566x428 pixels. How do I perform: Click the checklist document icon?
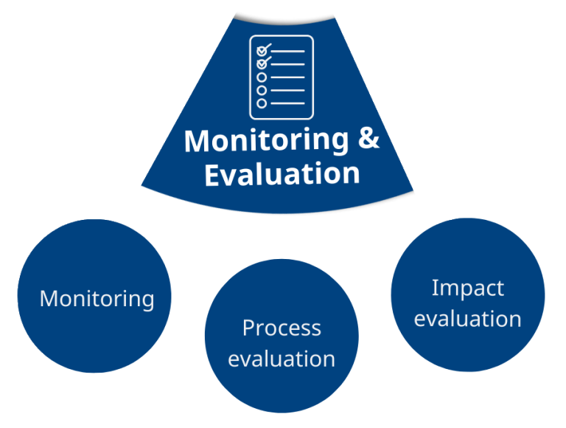click(x=282, y=77)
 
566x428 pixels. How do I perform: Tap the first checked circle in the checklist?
click(x=262, y=52)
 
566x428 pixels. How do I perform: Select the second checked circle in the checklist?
click(x=262, y=64)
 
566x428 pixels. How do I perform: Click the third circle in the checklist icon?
click(x=262, y=77)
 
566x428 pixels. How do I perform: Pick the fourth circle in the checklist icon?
click(x=262, y=90)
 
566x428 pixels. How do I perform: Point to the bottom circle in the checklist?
click(x=262, y=103)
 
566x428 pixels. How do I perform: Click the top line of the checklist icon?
click(x=287, y=52)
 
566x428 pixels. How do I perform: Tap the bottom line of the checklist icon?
click(x=287, y=103)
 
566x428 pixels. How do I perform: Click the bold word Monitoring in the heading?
click(x=266, y=141)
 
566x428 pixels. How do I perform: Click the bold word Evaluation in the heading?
click(x=282, y=174)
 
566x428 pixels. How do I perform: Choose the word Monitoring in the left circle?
click(x=97, y=300)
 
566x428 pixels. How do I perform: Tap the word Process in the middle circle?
click(x=282, y=328)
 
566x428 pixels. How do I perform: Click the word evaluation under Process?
click(x=282, y=359)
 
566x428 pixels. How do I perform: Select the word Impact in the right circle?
click(x=468, y=289)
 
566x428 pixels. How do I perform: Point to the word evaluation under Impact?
click(x=468, y=320)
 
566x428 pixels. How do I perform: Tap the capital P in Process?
click(x=249, y=328)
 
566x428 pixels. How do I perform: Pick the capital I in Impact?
click(x=434, y=288)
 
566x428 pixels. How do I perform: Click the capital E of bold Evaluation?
click(x=212, y=174)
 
